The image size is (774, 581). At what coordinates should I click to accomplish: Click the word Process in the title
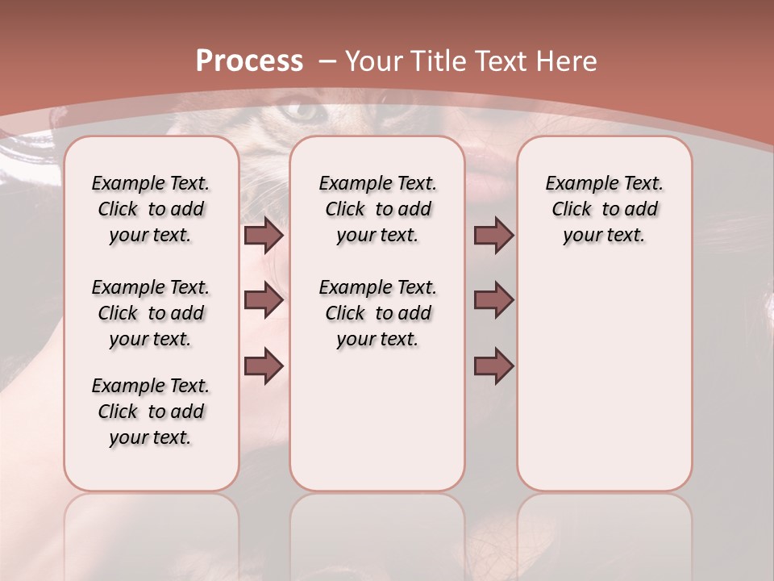pos(249,61)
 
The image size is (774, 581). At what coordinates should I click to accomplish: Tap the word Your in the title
pos(374,61)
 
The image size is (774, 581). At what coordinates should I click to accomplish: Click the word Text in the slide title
pos(503,61)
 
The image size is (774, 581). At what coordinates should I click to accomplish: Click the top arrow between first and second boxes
pos(264,235)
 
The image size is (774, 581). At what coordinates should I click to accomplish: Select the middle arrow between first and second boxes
pos(264,300)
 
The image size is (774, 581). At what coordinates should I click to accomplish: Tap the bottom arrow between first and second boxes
pos(264,366)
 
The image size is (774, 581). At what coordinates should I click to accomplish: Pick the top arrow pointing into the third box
pos(493,235)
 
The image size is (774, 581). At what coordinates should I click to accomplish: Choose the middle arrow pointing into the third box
pos(493,300)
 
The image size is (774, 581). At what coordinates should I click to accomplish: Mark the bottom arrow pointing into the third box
pos(493,366)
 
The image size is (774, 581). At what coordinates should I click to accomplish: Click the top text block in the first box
pos(151,209)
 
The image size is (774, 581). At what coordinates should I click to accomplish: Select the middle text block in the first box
pos(151,313)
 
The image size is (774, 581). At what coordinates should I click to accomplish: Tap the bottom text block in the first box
pos(151,412)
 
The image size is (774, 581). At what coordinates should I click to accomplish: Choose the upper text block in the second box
pos(377,209)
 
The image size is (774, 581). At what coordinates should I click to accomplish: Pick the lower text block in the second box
pos(377,313)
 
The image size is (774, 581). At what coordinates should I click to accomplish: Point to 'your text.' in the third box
pos(604,236)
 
